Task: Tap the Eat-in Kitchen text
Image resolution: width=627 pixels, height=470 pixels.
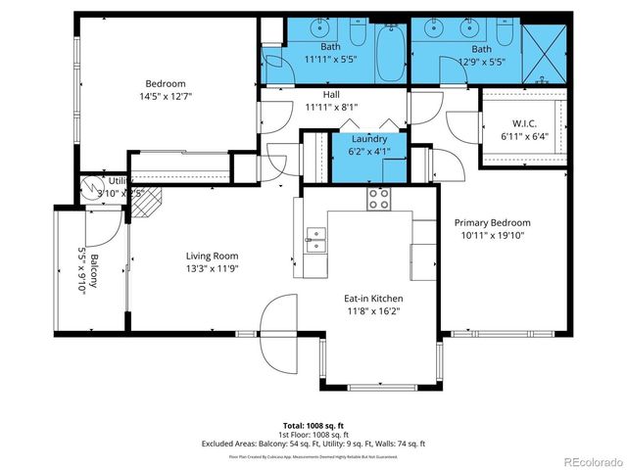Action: (373, 299)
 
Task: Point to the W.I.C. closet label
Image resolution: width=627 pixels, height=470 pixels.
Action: (524, 123)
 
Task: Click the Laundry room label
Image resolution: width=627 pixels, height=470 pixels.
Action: (369, 140)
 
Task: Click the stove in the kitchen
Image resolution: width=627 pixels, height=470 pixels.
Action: (379, 199)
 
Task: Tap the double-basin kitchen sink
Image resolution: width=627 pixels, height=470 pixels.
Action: (316, 235)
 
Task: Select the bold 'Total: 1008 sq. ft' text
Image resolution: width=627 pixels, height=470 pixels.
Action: (313, 425)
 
